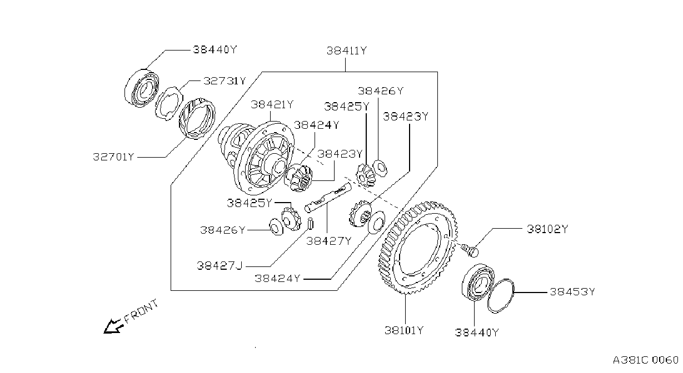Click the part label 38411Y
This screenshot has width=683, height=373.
[x=347, y=51]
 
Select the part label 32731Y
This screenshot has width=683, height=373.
[x=225, y=81]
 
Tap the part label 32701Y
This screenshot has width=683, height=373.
[x=113, y=157]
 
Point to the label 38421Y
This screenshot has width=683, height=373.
[x=272, y=105]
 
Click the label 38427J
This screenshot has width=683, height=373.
[x=220, y=266]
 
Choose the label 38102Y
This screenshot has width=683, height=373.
[x=547, y=229]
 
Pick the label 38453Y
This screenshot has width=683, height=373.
[x=572, y=292]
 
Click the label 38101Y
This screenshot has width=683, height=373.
[x=404, y=330]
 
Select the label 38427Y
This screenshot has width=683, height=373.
[x=329, y=241]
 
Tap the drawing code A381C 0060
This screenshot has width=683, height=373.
[x=646, y=361]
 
